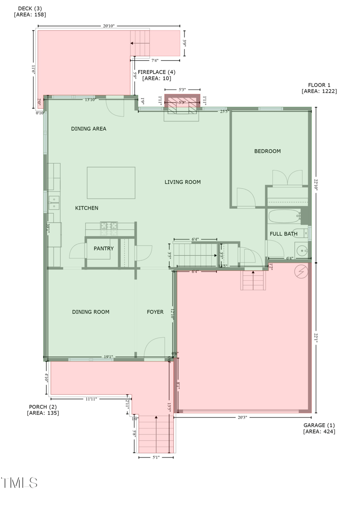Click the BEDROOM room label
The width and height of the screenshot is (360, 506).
[x=267, y=151]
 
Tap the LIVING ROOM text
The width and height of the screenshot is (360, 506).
[x=182, y=182]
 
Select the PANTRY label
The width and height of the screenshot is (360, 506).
[x=103, y=249]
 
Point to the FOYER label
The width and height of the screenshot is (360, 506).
[x=155, y=312]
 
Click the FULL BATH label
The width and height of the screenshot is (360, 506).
[x=283, y=234]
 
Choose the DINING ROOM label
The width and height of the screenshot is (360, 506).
[x=90, y=312]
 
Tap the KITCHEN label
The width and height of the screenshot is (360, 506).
[x=86, y=208]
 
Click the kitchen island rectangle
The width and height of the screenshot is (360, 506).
[x=111, y=183]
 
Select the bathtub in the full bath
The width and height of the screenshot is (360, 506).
[x=284, y=217]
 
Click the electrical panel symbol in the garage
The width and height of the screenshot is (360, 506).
[x=301, y=271]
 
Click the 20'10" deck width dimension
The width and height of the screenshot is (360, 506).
[x=108, y=26]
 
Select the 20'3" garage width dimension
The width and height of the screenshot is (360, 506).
[x=242, y=417]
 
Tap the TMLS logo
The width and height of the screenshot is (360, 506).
[x=19, y=483]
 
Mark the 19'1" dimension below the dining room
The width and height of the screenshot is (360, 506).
[x=108, y=357]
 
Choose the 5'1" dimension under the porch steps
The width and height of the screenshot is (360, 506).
[x=156, y=457]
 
